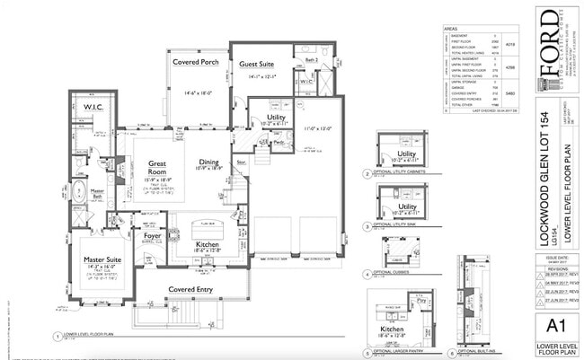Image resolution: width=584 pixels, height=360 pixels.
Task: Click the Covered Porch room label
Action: [196, 62]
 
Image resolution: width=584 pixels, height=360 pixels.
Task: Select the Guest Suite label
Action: [257, 64]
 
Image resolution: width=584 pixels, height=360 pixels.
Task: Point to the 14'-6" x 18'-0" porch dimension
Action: [196, 92]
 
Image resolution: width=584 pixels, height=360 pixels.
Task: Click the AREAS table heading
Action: [452, 28]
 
